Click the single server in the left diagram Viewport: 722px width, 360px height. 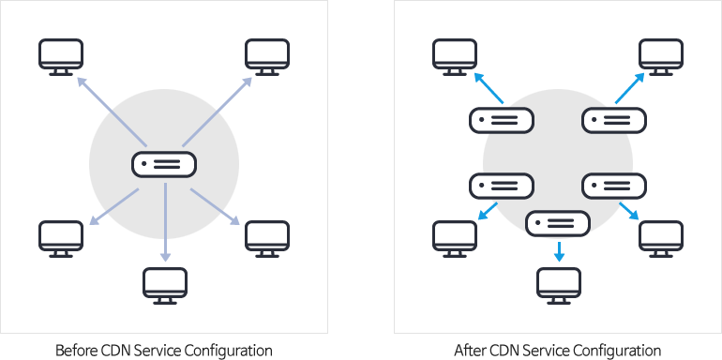[x=164, y=164]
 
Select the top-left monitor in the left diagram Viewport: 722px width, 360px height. [x=61, y=55]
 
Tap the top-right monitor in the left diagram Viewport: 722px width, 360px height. [x=267, y=55]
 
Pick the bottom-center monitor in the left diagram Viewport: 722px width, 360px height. [x=165, y=284]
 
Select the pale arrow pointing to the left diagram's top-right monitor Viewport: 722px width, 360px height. [x=217, y=112]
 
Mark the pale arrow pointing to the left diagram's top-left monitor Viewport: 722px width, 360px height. [x=112, y=112]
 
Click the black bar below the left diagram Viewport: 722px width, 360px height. [x=164, y=352]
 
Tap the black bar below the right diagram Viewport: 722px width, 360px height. [x=557, y=352]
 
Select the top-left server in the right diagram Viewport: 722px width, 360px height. [x=501, y=120]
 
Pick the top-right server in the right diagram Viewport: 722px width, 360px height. [x=614, y=120]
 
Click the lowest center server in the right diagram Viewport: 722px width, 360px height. [x=558, y=223]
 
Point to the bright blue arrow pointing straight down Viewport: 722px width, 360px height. [x=559, y=251]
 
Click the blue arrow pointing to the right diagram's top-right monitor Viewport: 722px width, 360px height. [x=630, y=88]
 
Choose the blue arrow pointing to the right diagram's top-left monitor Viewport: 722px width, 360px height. [x=488, y=88]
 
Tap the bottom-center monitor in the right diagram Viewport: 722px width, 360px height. [x=559, y=284]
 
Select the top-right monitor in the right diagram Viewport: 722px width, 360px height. [x=661, y=55]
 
